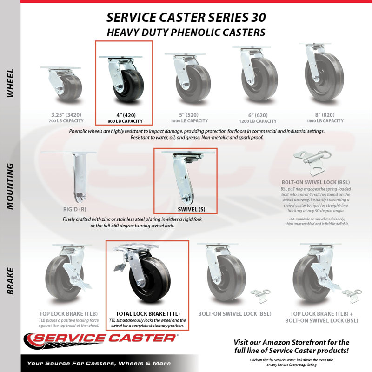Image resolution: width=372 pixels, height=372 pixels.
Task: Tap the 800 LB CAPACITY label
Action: [125, 121]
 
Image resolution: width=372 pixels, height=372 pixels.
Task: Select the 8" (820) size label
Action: [325, 115]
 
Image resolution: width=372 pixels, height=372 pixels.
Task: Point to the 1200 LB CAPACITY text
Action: [258, 121]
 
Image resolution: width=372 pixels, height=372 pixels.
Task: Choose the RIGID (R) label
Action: [74, 210]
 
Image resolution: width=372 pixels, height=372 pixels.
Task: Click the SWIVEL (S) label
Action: [192, 210]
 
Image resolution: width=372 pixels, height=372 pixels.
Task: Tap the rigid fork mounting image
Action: [76, 177]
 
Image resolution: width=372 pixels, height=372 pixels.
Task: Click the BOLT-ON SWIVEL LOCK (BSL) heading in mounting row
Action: [316, 182]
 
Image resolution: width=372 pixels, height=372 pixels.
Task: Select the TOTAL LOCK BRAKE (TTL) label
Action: [148, 314]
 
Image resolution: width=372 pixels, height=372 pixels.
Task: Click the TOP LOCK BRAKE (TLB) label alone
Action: [68, 314]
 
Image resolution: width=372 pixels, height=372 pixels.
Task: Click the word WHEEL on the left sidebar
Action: [10, 83]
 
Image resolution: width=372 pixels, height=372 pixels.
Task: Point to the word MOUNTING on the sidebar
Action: [10, 186]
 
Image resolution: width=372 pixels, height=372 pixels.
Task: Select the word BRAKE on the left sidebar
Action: [10, 281]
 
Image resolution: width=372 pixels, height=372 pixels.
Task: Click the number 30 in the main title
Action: [259, 18]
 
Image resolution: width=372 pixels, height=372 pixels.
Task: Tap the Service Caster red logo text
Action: [104, 338]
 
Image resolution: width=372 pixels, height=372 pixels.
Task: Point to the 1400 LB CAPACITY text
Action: [325, 121]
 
